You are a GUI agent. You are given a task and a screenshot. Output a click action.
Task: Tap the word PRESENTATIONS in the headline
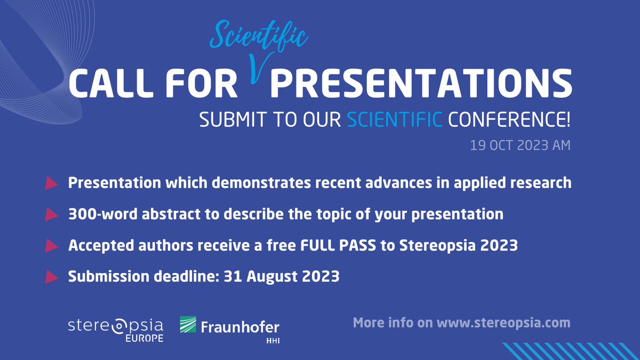pyautogui.click(x=424, y=84)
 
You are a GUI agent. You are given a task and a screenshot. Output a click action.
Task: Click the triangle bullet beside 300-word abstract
pyautogui.click(x=51, y=214)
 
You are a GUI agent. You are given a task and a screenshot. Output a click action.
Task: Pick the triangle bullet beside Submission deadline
pyautogui.click(x=51, y=277)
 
